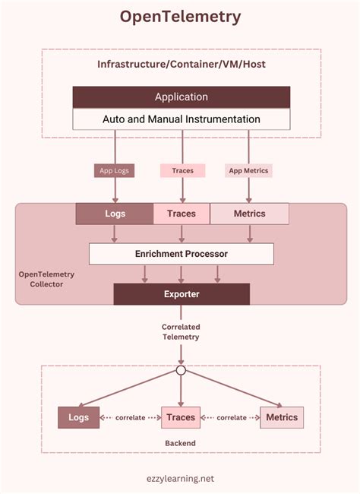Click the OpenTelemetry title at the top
181,16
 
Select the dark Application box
181,97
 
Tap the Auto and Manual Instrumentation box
181,119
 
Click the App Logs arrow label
115,171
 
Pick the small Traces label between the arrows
182,171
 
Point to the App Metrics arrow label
248,171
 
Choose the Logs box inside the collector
115,214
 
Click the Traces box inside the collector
182,214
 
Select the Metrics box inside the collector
250,214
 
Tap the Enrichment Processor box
181,253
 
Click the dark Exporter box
182,293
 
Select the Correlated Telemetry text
181,332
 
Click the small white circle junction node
181,370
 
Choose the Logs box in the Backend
79,417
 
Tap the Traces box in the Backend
181,417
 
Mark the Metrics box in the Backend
282,417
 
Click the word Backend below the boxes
181,442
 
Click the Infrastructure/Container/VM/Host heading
181,65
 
